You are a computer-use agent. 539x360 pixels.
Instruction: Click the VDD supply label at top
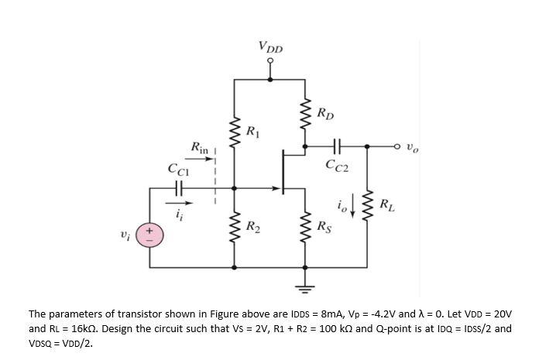point(270,47)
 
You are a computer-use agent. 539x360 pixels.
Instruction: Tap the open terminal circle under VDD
point(270,61)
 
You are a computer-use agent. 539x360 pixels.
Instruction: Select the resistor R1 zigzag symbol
point(234,132)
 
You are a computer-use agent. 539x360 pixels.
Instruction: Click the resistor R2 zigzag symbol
point(234,228)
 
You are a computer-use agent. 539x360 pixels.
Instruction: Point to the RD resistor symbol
point(305,114)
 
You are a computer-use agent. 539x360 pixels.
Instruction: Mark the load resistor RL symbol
point(367,205)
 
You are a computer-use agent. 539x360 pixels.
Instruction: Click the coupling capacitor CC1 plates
point(178,188)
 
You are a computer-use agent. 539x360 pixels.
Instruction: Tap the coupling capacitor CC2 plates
point(337,146)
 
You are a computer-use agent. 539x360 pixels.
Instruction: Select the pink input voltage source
point(149,235)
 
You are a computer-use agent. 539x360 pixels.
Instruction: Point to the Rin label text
point(200,147)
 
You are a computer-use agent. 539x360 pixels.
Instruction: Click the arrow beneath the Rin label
point(199,159)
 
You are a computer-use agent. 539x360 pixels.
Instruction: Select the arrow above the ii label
point(179,203)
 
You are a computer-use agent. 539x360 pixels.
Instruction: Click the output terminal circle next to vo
point(397,146)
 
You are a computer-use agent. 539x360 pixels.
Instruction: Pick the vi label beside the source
point(125,236)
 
